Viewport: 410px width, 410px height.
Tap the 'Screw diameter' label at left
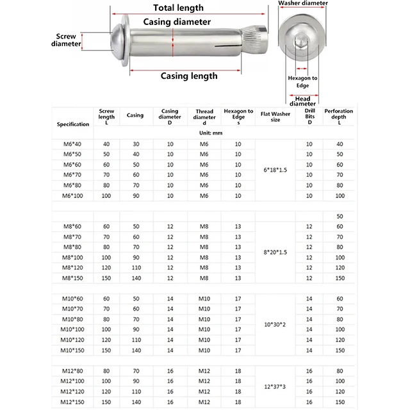tap(66, 40)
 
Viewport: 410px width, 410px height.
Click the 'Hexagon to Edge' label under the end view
tap(302, 81)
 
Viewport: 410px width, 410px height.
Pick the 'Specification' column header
tap(73, 124)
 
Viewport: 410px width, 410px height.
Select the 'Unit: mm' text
tap(204, 132)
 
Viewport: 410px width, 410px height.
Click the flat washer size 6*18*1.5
tap(275, 169)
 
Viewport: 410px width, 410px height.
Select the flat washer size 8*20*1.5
tap(275, 252)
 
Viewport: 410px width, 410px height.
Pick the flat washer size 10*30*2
tap(275, 325)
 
